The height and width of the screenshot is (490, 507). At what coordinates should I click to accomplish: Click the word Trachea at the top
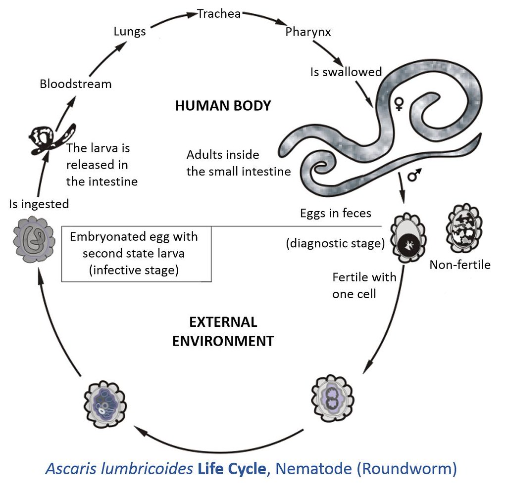(x=219, y=13)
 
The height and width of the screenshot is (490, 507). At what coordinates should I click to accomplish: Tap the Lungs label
(x=130, y=32)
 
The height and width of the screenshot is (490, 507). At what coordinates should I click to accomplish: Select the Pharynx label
(x=308, y=32)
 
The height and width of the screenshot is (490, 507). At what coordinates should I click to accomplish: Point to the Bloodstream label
(x=75, y=84)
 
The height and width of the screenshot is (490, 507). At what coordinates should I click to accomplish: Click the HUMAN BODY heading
(x=223, y=106)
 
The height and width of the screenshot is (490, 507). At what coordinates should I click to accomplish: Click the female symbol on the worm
(x=399, y=103)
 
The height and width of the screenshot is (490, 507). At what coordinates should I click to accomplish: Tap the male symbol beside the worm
(x=414, y=175)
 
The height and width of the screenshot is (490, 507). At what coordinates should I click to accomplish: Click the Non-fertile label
(x=460, y=265)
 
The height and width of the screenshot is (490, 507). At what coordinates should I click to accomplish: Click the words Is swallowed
(x=346, y=72)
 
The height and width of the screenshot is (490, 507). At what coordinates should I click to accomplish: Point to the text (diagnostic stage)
(x=335, y=243)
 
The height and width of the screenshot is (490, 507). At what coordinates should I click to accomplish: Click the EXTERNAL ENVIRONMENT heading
(x=223, y=332)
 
